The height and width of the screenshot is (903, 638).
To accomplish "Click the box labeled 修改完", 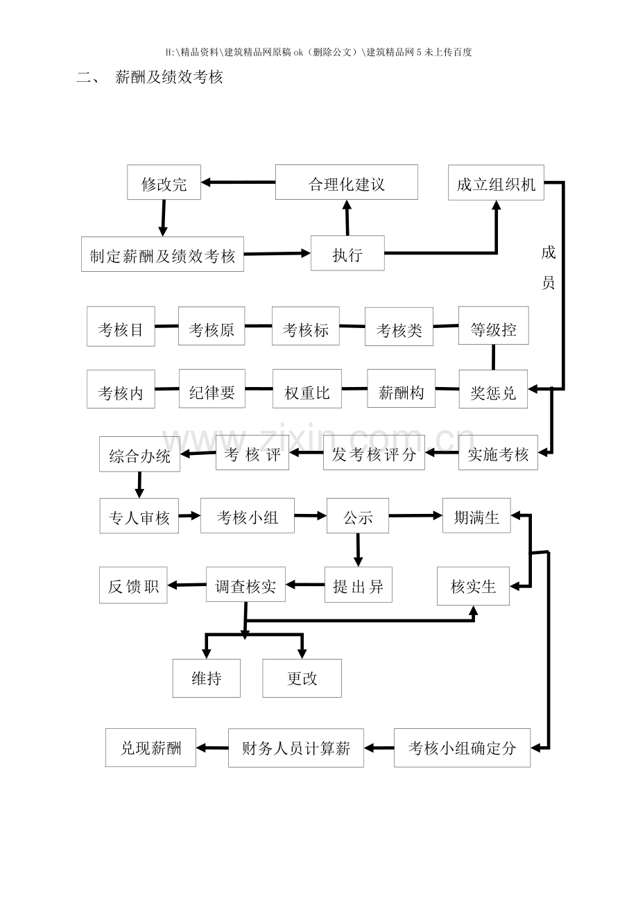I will (164, 183).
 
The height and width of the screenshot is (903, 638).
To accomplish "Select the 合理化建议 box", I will (346, 183).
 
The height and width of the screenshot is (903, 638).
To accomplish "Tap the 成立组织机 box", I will (495, 183).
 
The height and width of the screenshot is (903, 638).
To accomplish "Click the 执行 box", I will (347, 254).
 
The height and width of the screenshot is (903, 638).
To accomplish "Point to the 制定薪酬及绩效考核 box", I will (162, 255).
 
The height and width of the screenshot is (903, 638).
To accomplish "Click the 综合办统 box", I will (139, 455).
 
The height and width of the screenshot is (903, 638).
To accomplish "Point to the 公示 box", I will (358, 516).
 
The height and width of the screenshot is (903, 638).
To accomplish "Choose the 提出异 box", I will (358, 585).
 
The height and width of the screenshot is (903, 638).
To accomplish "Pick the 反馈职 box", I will (133, 585).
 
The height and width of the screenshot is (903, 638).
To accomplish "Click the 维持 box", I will (206, 678).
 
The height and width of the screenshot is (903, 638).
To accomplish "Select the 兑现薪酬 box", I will (150, 747).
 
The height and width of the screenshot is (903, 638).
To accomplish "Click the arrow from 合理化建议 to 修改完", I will (238, 182).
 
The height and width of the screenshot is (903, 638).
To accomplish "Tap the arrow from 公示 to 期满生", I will (415, 515).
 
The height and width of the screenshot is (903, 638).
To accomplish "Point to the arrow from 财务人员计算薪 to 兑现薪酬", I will (212, 748).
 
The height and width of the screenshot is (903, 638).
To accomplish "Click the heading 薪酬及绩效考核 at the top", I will (169, 78).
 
